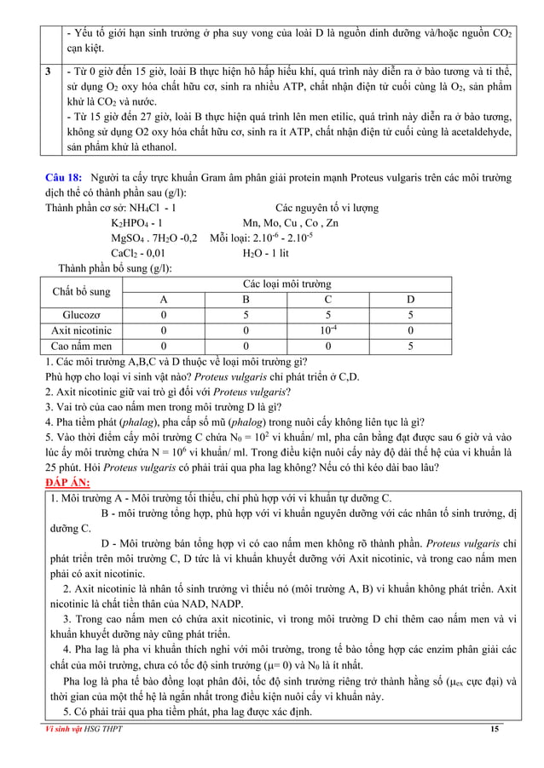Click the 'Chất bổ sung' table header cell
click(82, 291)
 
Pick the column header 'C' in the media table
click(328, 299)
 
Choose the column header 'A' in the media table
click(163, 299)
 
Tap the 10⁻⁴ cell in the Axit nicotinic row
click(328, 330)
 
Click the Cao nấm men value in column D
click(411, 346)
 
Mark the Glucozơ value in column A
click(163, 314)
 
